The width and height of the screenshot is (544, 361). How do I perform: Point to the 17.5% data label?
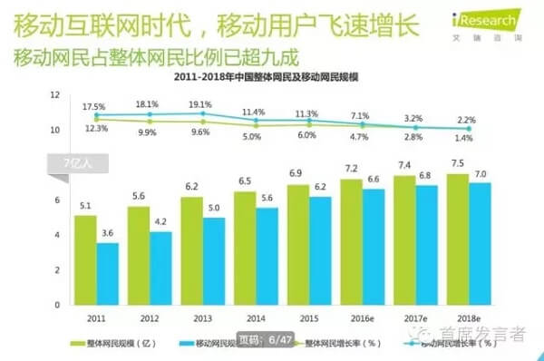(94, 107)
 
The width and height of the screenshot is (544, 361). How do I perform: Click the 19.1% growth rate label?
(201, 105)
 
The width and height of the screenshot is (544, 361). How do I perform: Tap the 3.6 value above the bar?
(108, 232)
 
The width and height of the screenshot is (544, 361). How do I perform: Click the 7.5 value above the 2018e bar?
(459, 164)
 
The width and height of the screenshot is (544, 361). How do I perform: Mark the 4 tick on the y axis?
(56, 235)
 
